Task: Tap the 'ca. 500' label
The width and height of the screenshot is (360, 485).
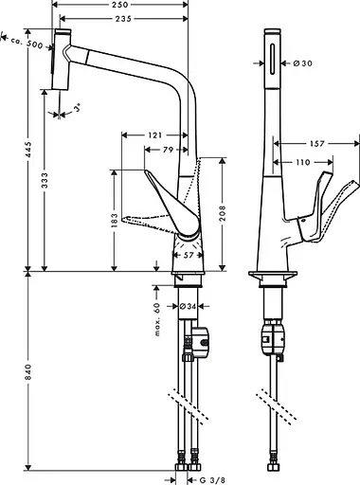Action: [22, 44]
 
